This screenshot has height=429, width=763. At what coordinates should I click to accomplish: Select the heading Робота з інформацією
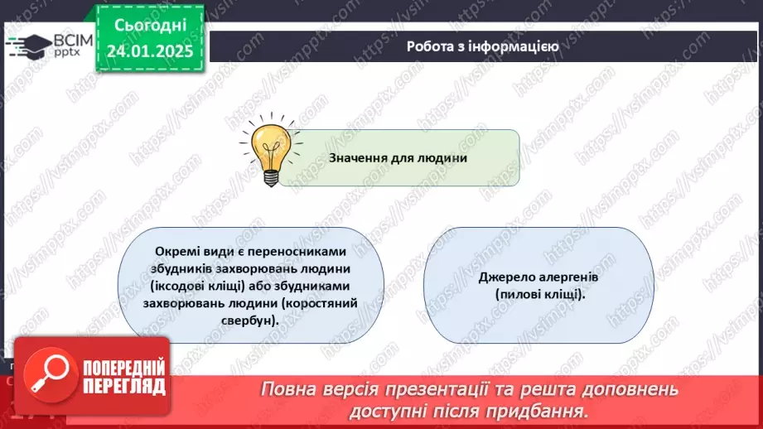[x=482, y=46]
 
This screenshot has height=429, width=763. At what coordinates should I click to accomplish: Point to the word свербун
[x=248, y=321]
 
